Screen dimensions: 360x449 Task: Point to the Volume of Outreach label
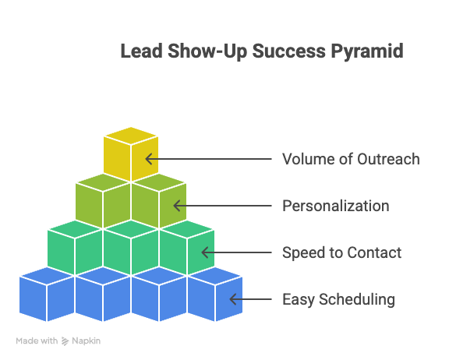[350, 159]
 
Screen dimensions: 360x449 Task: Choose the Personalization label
[335, 206]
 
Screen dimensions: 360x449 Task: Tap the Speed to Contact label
[341, 252]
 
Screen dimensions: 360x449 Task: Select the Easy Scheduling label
[338, 299]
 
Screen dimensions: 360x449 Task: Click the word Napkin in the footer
[87, 341]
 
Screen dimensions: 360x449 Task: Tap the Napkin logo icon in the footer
[65, 341]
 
